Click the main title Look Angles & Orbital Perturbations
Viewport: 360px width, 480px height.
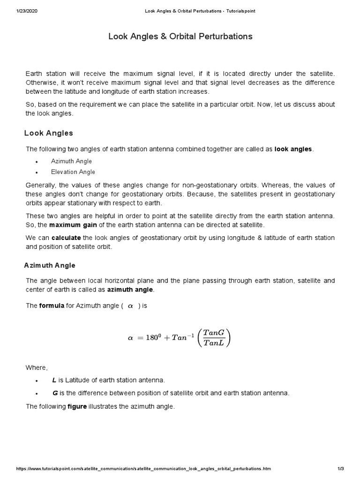point(180,36)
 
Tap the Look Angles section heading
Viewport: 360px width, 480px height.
point(48,133)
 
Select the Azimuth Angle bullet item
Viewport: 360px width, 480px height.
point(71,161)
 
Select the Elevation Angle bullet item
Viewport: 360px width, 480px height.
point(73,172)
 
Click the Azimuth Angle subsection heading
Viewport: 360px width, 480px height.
point(50,265)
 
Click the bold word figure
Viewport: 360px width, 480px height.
point(77,406)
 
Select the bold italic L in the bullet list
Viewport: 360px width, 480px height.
point(54,380)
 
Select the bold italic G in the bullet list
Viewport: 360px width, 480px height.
point(54,393)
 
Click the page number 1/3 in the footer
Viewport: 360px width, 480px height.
point(341,469)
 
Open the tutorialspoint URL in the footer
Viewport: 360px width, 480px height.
point(143,469)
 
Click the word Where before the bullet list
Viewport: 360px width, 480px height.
point(37,367)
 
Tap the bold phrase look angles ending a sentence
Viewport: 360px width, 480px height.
point(293,149)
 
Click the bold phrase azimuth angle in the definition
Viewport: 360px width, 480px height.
point(130,289)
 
